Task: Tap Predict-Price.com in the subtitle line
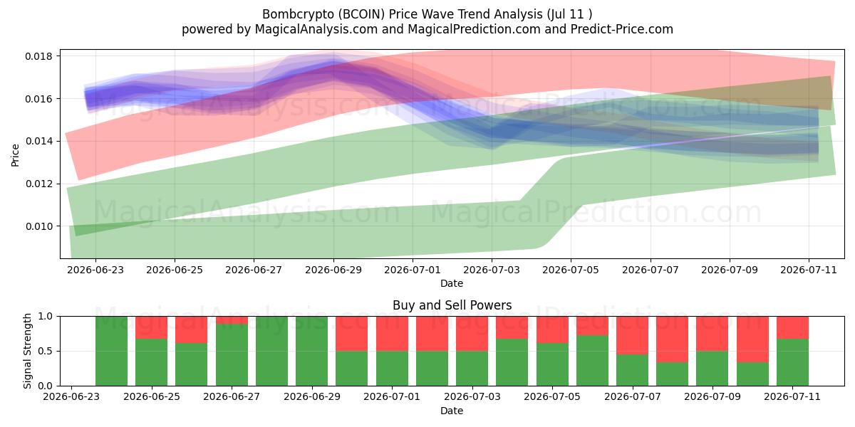pos(622,29)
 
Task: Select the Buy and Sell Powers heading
pos(452,305)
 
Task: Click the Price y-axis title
pos(15,155)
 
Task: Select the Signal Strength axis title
pos(27,351)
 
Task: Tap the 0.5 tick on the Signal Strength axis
pos(45,351)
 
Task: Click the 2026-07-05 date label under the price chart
pos(571,270)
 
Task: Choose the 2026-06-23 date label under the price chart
pos(95,270)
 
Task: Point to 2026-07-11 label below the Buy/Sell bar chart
pos(792,397)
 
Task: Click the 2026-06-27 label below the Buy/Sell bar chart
pos(232,397)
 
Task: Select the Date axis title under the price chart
pos(452,284)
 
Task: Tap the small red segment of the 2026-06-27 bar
pos(232,320)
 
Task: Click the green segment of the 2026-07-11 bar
pos(792,362)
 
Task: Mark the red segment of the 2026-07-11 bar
pos(792,327)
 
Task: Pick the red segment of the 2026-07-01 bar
pos(392,334)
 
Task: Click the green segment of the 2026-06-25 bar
pos(152,362)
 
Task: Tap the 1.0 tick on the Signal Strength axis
pos(45,317)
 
